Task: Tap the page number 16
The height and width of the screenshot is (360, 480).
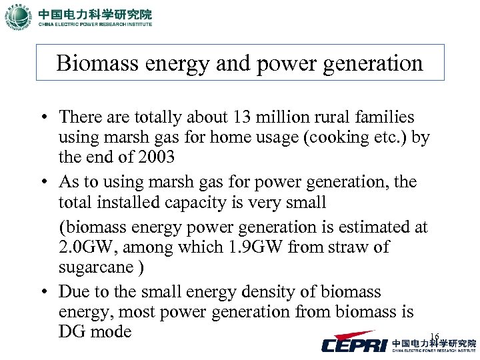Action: (x=434, y=337)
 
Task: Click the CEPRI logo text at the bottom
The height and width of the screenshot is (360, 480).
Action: (x=353, y=344)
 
